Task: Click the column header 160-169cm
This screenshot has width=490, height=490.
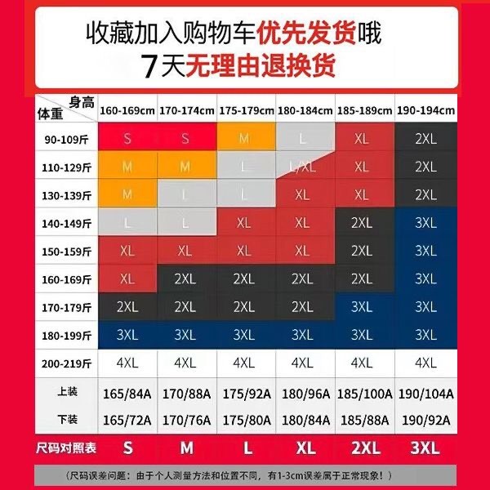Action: pos(127,110)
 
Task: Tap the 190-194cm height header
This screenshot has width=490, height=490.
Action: pos(425,110)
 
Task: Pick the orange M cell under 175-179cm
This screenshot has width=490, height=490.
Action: pos(244,139)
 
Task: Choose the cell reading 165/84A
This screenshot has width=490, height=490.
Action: pos(127,394)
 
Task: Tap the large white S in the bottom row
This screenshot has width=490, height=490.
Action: pos(127,448)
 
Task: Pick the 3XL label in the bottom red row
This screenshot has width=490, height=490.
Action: pos(425,448)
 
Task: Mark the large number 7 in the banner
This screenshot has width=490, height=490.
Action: pos(149,65)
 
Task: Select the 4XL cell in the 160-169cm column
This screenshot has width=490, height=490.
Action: pos(127,363)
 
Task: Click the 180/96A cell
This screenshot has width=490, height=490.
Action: pos(303,394)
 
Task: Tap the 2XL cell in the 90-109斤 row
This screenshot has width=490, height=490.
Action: pos(425,139)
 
